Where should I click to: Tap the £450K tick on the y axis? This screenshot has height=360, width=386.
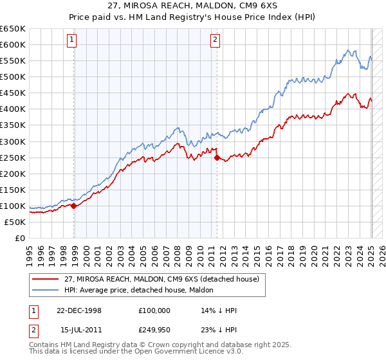pos(13,93)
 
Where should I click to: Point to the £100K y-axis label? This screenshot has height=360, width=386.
pos(13,206)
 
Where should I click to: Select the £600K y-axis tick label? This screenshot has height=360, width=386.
pos(13,44)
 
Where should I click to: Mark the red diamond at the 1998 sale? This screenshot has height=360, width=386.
pos(74,206)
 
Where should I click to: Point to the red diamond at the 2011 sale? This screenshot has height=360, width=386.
pos(217,157)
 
